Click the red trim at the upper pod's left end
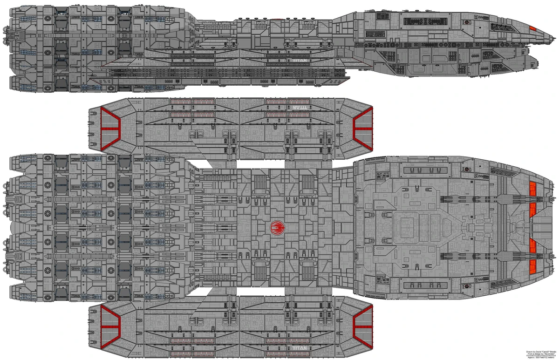pos(110,127)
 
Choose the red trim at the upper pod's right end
pos(363,126)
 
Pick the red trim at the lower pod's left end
pos(110,323)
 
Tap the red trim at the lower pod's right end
pos(363,323)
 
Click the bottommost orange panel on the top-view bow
pos(534,266)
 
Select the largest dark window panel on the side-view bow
pos(419,20)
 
